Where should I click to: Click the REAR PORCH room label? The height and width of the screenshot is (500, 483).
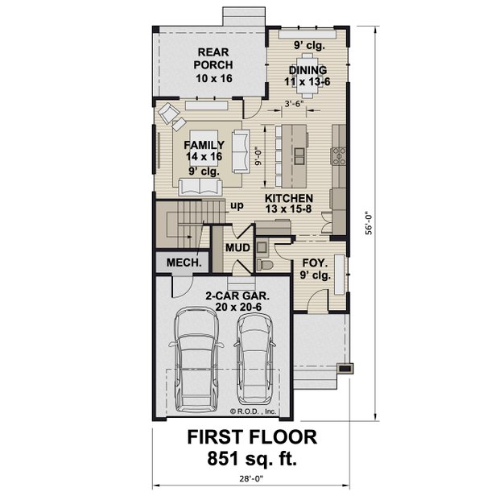[x=213, y=65]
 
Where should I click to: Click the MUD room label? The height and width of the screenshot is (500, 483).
[x=237, y=248]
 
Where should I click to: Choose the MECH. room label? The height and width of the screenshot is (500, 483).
[x=183, y=263]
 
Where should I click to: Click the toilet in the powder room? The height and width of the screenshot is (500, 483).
[x=264, y=262]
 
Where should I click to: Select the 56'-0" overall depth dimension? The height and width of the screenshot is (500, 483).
[x=369, y=221]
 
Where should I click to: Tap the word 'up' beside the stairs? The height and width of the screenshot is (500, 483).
[x=237, y=205]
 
